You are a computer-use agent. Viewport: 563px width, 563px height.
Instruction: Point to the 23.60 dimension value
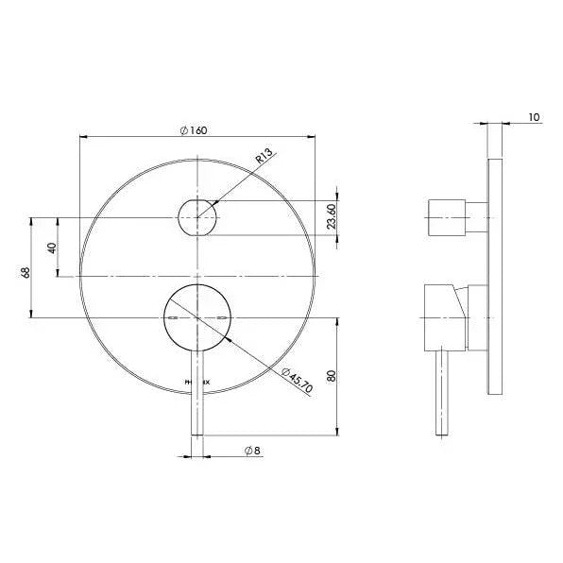(x=330, y=218)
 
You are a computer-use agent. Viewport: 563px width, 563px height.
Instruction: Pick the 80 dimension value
(x=330, y=376)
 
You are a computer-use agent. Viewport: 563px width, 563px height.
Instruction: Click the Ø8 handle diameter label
(x=252, y=451)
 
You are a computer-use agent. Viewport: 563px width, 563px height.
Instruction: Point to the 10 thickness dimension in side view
(x=535, y=117)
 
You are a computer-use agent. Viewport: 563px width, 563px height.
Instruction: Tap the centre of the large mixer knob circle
(x=197, y=317)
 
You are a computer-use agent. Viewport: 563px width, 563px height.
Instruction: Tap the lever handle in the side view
(x=442, y=392)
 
